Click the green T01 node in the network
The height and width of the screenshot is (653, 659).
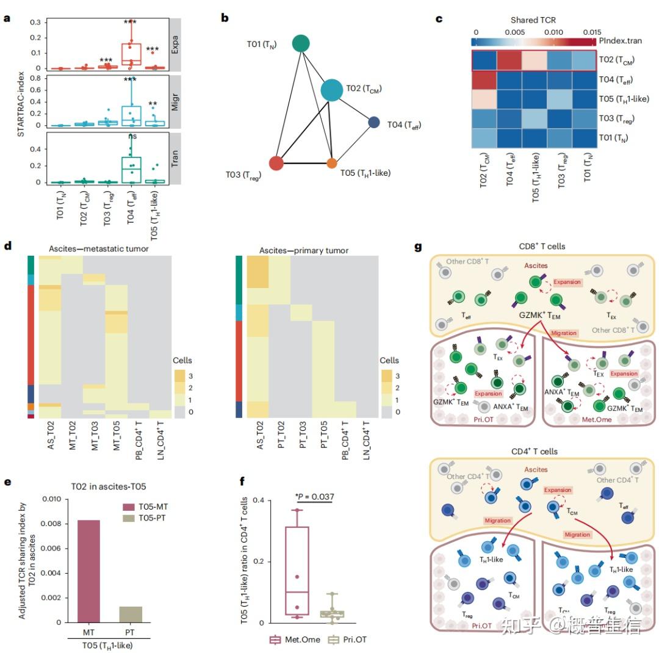[x=301, y=43]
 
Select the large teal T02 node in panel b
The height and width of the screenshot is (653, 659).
[x=332, y=90]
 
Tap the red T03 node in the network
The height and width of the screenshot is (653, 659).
[x=276, y=163]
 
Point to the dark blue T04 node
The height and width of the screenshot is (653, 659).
[x=374, y=123]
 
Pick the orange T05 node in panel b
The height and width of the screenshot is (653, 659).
[x=332, y=164]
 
